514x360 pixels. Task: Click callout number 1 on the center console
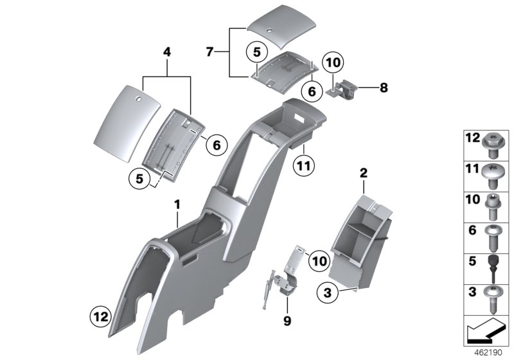point(177,204)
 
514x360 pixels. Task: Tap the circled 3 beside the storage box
point(328,292)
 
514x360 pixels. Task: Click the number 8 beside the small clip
point(383,87)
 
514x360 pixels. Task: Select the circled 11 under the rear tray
point(303,166)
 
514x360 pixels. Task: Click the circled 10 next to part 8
point(333,64)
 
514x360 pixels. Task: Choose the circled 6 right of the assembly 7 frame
point(312,92)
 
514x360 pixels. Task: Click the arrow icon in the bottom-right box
point(487,332)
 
